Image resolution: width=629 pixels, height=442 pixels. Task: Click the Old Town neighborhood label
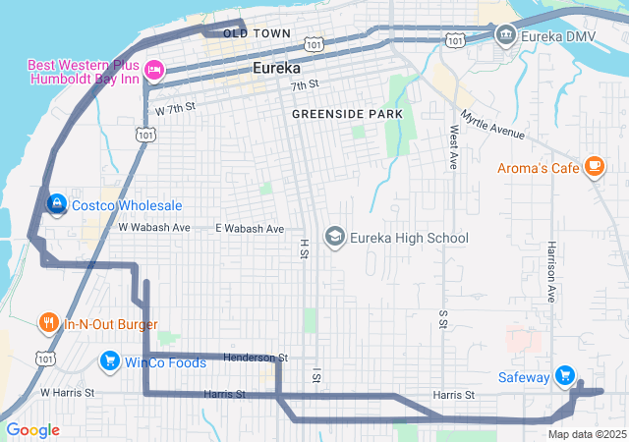pyautogui.click(x=257, y=33)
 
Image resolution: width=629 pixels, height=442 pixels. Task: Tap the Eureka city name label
pyautogui.click(x=283, y=68)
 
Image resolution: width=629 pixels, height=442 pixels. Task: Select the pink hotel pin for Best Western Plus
pyautogui.click(x=154, y=70)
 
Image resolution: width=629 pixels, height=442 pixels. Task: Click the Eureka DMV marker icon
pyautogui.click(x=505, y=36)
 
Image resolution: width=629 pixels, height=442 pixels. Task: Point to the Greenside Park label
pyautogui.click(x=347, y=115)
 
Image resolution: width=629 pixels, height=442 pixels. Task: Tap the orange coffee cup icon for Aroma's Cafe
pyautogui.click(x=594, y=167)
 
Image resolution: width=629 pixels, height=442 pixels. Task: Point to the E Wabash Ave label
pyautogui.click(x=250, y=228)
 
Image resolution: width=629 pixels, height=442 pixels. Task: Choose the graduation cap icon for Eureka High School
pyautogui.click(x=335, y=238)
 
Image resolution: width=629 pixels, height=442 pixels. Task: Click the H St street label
pyautogui.click(x=304, y=249)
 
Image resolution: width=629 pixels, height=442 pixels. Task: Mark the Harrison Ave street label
pyautogui.click(x=552, y=270)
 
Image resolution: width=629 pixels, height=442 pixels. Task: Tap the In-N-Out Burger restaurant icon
pyautogui.click(x=48, y=322)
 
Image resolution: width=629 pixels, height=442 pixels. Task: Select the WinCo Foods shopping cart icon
pyautogui.click(x=109, y=362)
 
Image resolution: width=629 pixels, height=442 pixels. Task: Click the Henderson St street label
pyautogui.click(x=255, y=358)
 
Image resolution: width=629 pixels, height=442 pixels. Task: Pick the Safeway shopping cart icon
pyautogui.click(x=564, y=374)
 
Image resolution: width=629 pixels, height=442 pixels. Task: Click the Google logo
pyautogui.click(x=32, y=430)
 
